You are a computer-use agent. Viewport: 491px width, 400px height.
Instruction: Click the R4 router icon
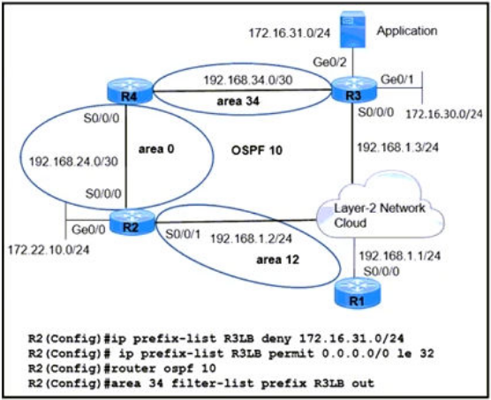point(129,89)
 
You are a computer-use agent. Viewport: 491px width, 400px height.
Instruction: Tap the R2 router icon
point(132,222)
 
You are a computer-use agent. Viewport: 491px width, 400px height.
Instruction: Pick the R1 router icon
point(358,294)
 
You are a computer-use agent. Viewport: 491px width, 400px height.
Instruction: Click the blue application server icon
point(353,29)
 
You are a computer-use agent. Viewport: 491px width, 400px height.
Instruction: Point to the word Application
point(407,31)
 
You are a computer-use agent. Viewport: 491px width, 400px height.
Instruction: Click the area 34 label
point(238,101)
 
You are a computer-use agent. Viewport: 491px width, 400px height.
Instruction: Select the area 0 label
point(156,149)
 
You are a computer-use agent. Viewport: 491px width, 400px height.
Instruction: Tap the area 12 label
point(278,260)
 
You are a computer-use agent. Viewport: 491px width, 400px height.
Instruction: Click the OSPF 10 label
point(257,150)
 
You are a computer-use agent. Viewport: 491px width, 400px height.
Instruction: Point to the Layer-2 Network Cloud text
point(380,215)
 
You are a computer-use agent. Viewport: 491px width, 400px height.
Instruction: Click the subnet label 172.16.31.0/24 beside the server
point(290,34)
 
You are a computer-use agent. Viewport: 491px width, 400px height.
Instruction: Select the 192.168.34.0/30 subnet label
point(248,80)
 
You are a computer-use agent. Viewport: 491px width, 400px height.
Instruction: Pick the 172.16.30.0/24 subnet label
point(444,114)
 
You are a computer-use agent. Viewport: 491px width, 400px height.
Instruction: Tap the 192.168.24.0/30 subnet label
point(73,162)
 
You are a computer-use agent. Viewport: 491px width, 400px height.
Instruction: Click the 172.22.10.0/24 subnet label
point(49,250)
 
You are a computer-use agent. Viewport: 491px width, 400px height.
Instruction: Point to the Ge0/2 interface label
point(329,63)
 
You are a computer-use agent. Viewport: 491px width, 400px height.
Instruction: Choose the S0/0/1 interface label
point(183,234)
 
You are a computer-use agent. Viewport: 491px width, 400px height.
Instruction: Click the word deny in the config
point(276,338)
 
